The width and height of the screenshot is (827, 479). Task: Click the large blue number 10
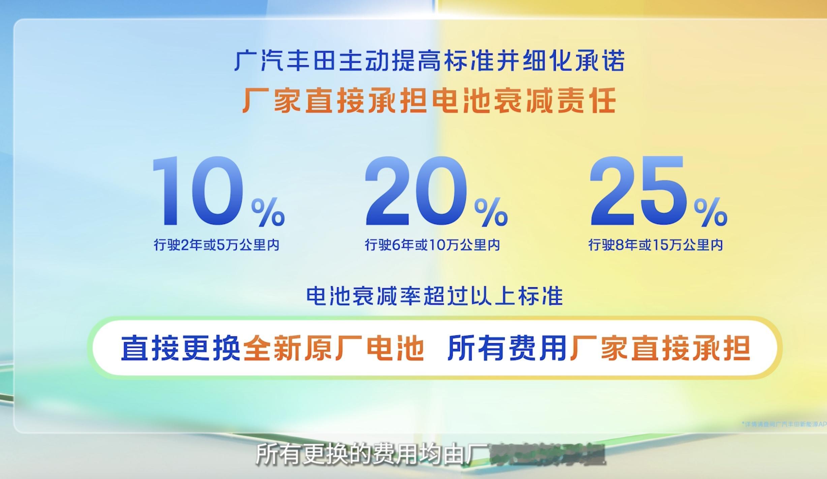pos(198,191)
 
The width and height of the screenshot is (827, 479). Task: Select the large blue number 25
pos(638,191)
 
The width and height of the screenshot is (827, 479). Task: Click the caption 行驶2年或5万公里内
pos(217,245)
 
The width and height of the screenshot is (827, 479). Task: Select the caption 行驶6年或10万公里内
pos(432,245)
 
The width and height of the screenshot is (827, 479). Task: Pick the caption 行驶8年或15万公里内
pos(655,245)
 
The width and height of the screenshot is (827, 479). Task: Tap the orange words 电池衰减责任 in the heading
pos(524,100)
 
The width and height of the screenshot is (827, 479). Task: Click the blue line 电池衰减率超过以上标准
pos(434,296)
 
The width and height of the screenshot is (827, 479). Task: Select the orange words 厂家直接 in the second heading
pos(303,100)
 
